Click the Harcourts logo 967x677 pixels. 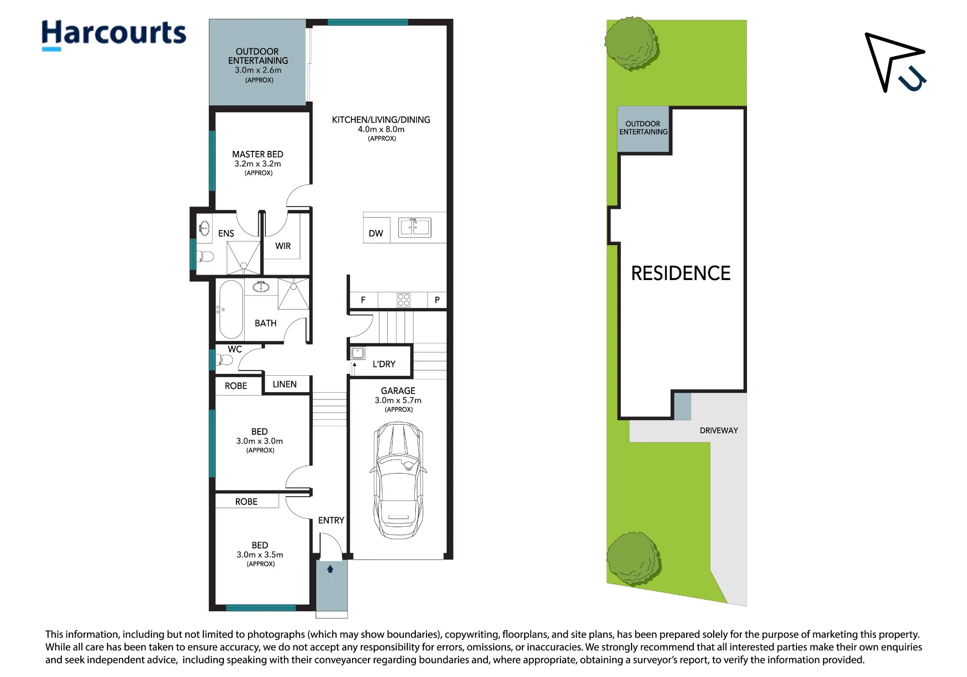pyautogui.click(x=114, y=34)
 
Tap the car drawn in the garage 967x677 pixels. pyautogui.click(x=398, y=480)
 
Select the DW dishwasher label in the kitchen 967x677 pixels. pyautogui.click(x=376, y=234)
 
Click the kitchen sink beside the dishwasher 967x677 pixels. pyautogui.click(x=414, y=227)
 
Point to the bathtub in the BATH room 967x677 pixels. pyautogui.click(x=231, y=309)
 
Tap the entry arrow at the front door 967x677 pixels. pyautogui.click(x=330, y=569)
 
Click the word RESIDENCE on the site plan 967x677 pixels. pyautogui.click(x=681, y=273)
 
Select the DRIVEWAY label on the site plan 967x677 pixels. pyautogui.click(x=718, y=430)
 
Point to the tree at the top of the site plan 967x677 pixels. pyautogui.click(x=632, y=44)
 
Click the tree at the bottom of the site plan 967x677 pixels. pyautogui.click(x=634, y=559)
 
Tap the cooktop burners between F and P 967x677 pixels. pyautogui.click(x=403, y=300)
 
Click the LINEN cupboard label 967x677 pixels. pyautogui.click(x=284, y=384)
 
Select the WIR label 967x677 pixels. pyautogui.click(x=283, y=246)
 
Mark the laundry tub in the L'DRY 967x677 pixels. pyautogui.click(x=358, y=353)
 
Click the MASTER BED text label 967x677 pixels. pyautogui.click(x=258, y=154)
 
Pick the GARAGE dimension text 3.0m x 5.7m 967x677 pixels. pyautogui.click(x=398, y=400)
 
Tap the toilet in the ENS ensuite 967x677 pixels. pyautogui.click(x=205, y=256)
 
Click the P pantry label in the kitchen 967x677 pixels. pyautogui.click(x=437, y=300)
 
